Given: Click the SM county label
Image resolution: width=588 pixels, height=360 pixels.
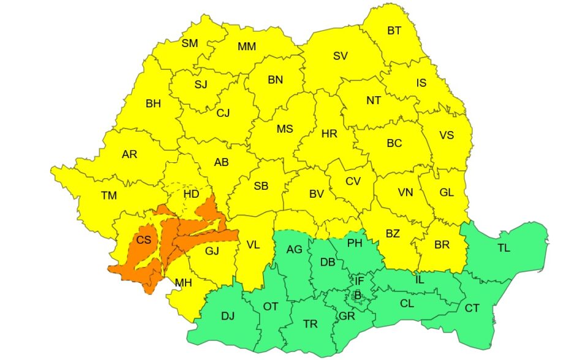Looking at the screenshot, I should tap(190, 43).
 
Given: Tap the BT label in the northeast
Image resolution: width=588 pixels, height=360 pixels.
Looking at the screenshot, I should tap(394, 31).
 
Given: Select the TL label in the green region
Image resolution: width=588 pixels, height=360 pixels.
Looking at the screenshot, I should tap(503, 248).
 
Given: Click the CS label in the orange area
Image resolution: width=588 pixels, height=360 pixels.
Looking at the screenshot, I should tap(143, 240).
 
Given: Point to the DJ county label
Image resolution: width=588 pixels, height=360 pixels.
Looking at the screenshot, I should tap(228, 316).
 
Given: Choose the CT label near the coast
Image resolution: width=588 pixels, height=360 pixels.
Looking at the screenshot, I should tap(472, 308).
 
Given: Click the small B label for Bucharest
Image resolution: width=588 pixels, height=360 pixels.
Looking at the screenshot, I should tap(358, 294).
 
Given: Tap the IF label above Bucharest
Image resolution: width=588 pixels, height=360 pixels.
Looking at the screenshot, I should tap(360, 281).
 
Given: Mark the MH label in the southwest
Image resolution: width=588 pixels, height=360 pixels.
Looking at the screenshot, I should tap(183, 282).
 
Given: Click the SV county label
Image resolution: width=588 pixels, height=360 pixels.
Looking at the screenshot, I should tap(341, 56).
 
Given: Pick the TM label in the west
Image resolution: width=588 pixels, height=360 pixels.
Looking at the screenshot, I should tap(109, 195).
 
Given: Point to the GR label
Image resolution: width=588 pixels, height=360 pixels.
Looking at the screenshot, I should tap(347, 316).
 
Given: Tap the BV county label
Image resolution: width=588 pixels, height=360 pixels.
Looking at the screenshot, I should tap(316, 193).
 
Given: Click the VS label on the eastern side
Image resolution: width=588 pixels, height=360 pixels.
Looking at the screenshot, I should tap(447, 135).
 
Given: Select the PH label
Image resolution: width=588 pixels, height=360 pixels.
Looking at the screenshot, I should tap(355, 243).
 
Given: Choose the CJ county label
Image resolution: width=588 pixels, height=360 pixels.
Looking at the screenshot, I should tap(223, 113).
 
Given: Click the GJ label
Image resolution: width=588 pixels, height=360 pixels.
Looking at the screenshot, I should tap(212, 250).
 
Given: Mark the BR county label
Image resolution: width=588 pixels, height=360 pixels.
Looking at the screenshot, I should tap(442, 244).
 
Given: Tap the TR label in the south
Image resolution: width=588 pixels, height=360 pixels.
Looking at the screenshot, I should tap(311, 324).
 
